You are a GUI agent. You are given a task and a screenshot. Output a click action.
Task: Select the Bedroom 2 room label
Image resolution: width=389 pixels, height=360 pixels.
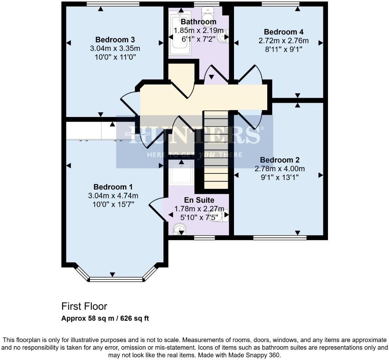pyautogui.click(x=280, y=160)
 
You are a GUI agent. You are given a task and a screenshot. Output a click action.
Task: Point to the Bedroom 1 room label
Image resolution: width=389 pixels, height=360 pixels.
pyautogui.click(x=113, y=187)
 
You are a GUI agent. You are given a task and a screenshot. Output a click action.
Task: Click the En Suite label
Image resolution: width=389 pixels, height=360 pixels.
pyautogui.click(x=199, y=200)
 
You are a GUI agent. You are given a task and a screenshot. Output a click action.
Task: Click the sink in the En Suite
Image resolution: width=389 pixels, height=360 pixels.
pyautogui.click(x=180, y=230)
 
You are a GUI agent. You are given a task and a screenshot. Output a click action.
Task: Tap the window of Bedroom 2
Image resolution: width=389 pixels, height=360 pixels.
pyautogui.click(x=280, y=238)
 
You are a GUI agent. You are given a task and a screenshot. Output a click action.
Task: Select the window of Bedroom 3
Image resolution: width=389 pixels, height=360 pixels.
pyautogui.click(x=113, y=4)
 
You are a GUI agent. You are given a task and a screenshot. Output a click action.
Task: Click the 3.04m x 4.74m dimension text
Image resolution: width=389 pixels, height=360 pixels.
pyautogui.click(x=113, y=196)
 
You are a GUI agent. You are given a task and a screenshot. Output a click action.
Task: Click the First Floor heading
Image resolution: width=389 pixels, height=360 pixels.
pyautogui.click(x=84, y=306)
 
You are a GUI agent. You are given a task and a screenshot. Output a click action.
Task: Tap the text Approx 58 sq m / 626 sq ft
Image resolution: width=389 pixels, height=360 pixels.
pyautogui.click(x=105, y=318)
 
